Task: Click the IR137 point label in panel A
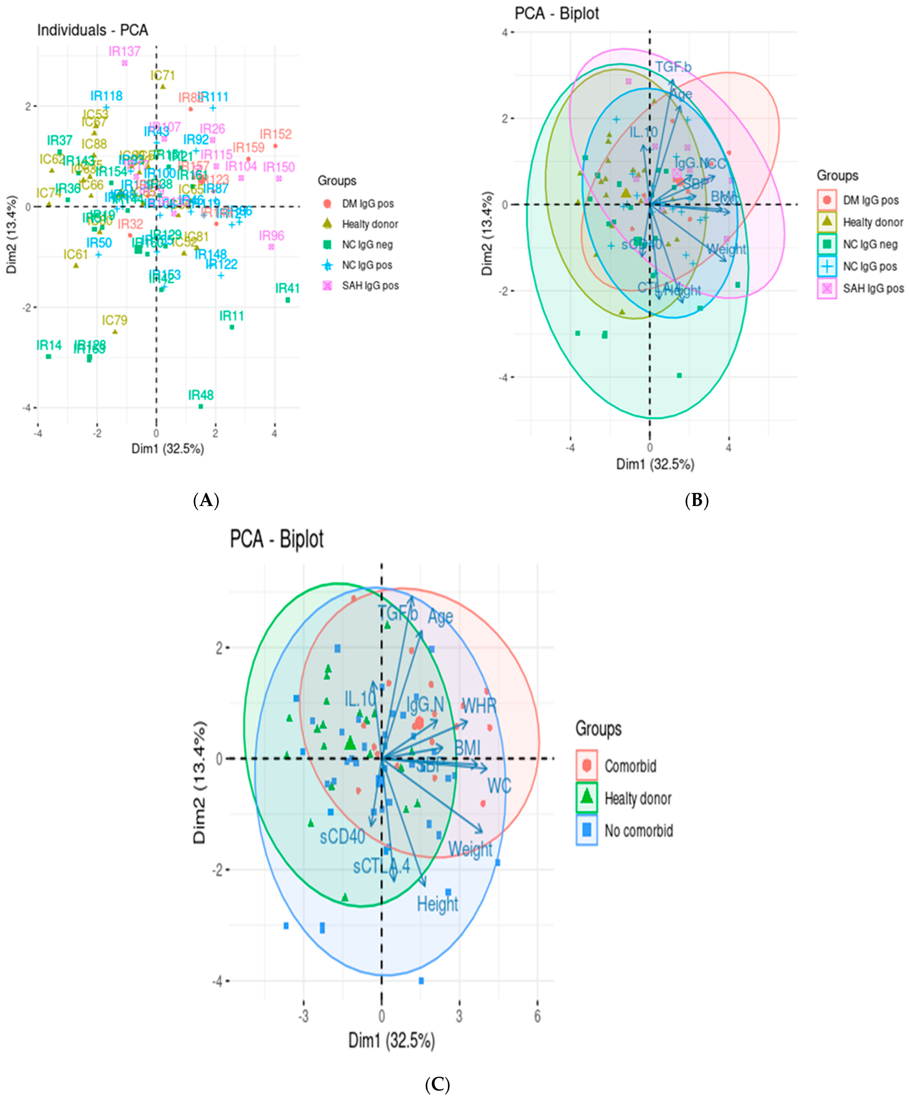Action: click(124, 51)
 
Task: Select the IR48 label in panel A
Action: click(201, 395)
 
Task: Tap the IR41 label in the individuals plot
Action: click(287, 288)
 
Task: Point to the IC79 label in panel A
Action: click(114, 320)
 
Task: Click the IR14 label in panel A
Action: click(49, 345)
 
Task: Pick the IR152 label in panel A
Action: click(275, 134)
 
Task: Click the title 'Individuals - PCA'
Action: click(93, 30)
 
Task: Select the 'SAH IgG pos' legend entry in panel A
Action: click(370, 286)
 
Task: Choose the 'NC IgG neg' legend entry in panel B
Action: click(870, 244)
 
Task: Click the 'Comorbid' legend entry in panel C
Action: click(630, 766)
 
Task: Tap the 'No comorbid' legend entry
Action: click(638, 831)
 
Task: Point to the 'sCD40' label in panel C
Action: click(342, 837)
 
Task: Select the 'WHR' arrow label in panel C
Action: click(479, 706)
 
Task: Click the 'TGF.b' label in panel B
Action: click(673, 67)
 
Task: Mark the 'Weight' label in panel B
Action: click(726, 249)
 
